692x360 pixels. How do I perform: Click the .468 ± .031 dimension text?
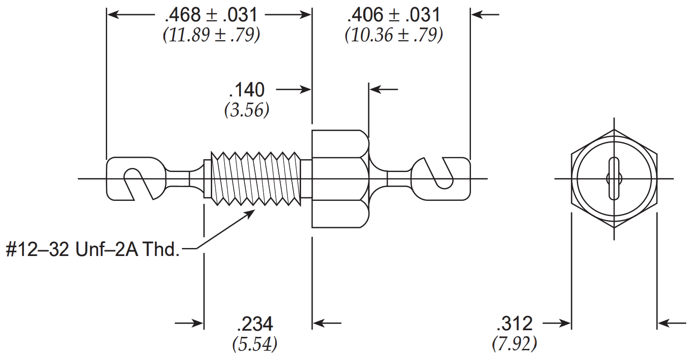click(x=211, y=15)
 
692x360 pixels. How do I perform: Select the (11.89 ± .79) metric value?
click(x=211, y=35)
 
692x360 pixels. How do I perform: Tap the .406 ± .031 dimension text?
click(x=394, y=15)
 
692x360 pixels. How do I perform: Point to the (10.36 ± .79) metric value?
click(x=394, y=35)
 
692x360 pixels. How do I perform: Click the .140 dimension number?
click(x=246, y=90)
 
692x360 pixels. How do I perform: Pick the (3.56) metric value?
click(x=246, y=110)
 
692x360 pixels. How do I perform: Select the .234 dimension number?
click(x=255, y=324)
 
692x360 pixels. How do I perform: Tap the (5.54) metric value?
click(x=255, y=344)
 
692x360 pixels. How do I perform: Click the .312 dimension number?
click(x=515, y=324)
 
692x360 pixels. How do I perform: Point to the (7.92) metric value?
click(x=515, y=344)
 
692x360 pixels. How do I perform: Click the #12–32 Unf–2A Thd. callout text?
click(x=93, y=249)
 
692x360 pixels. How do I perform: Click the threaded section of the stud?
click(x=256, y=179)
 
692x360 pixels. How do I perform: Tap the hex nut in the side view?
click(x=340, y=179)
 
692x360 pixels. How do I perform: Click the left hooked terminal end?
click(x=136, y=179)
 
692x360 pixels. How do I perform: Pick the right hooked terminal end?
click(x=441, y=179)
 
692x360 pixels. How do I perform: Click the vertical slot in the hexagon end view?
click(x=614, y=179)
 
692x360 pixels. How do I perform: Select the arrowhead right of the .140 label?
click(x=305, y=90)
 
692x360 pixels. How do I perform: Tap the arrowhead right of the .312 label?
click(x=565, y=324)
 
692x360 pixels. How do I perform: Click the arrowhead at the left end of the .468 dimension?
click(x=113, y=15)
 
